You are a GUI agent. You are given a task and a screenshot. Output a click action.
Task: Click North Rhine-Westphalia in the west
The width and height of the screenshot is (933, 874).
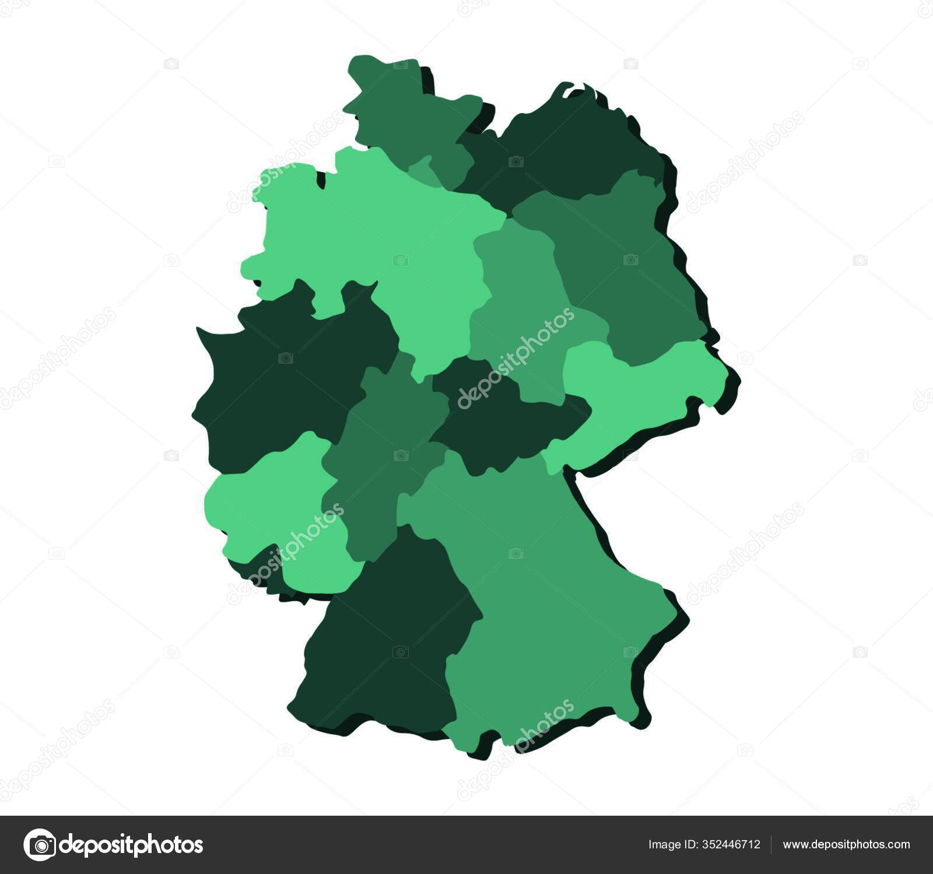280,373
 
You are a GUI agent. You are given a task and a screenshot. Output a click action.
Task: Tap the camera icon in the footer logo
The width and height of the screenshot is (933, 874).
40,844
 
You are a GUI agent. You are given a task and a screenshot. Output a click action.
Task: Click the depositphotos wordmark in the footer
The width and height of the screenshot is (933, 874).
131,844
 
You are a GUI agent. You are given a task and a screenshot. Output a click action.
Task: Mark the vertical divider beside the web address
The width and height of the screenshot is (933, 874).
771,844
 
